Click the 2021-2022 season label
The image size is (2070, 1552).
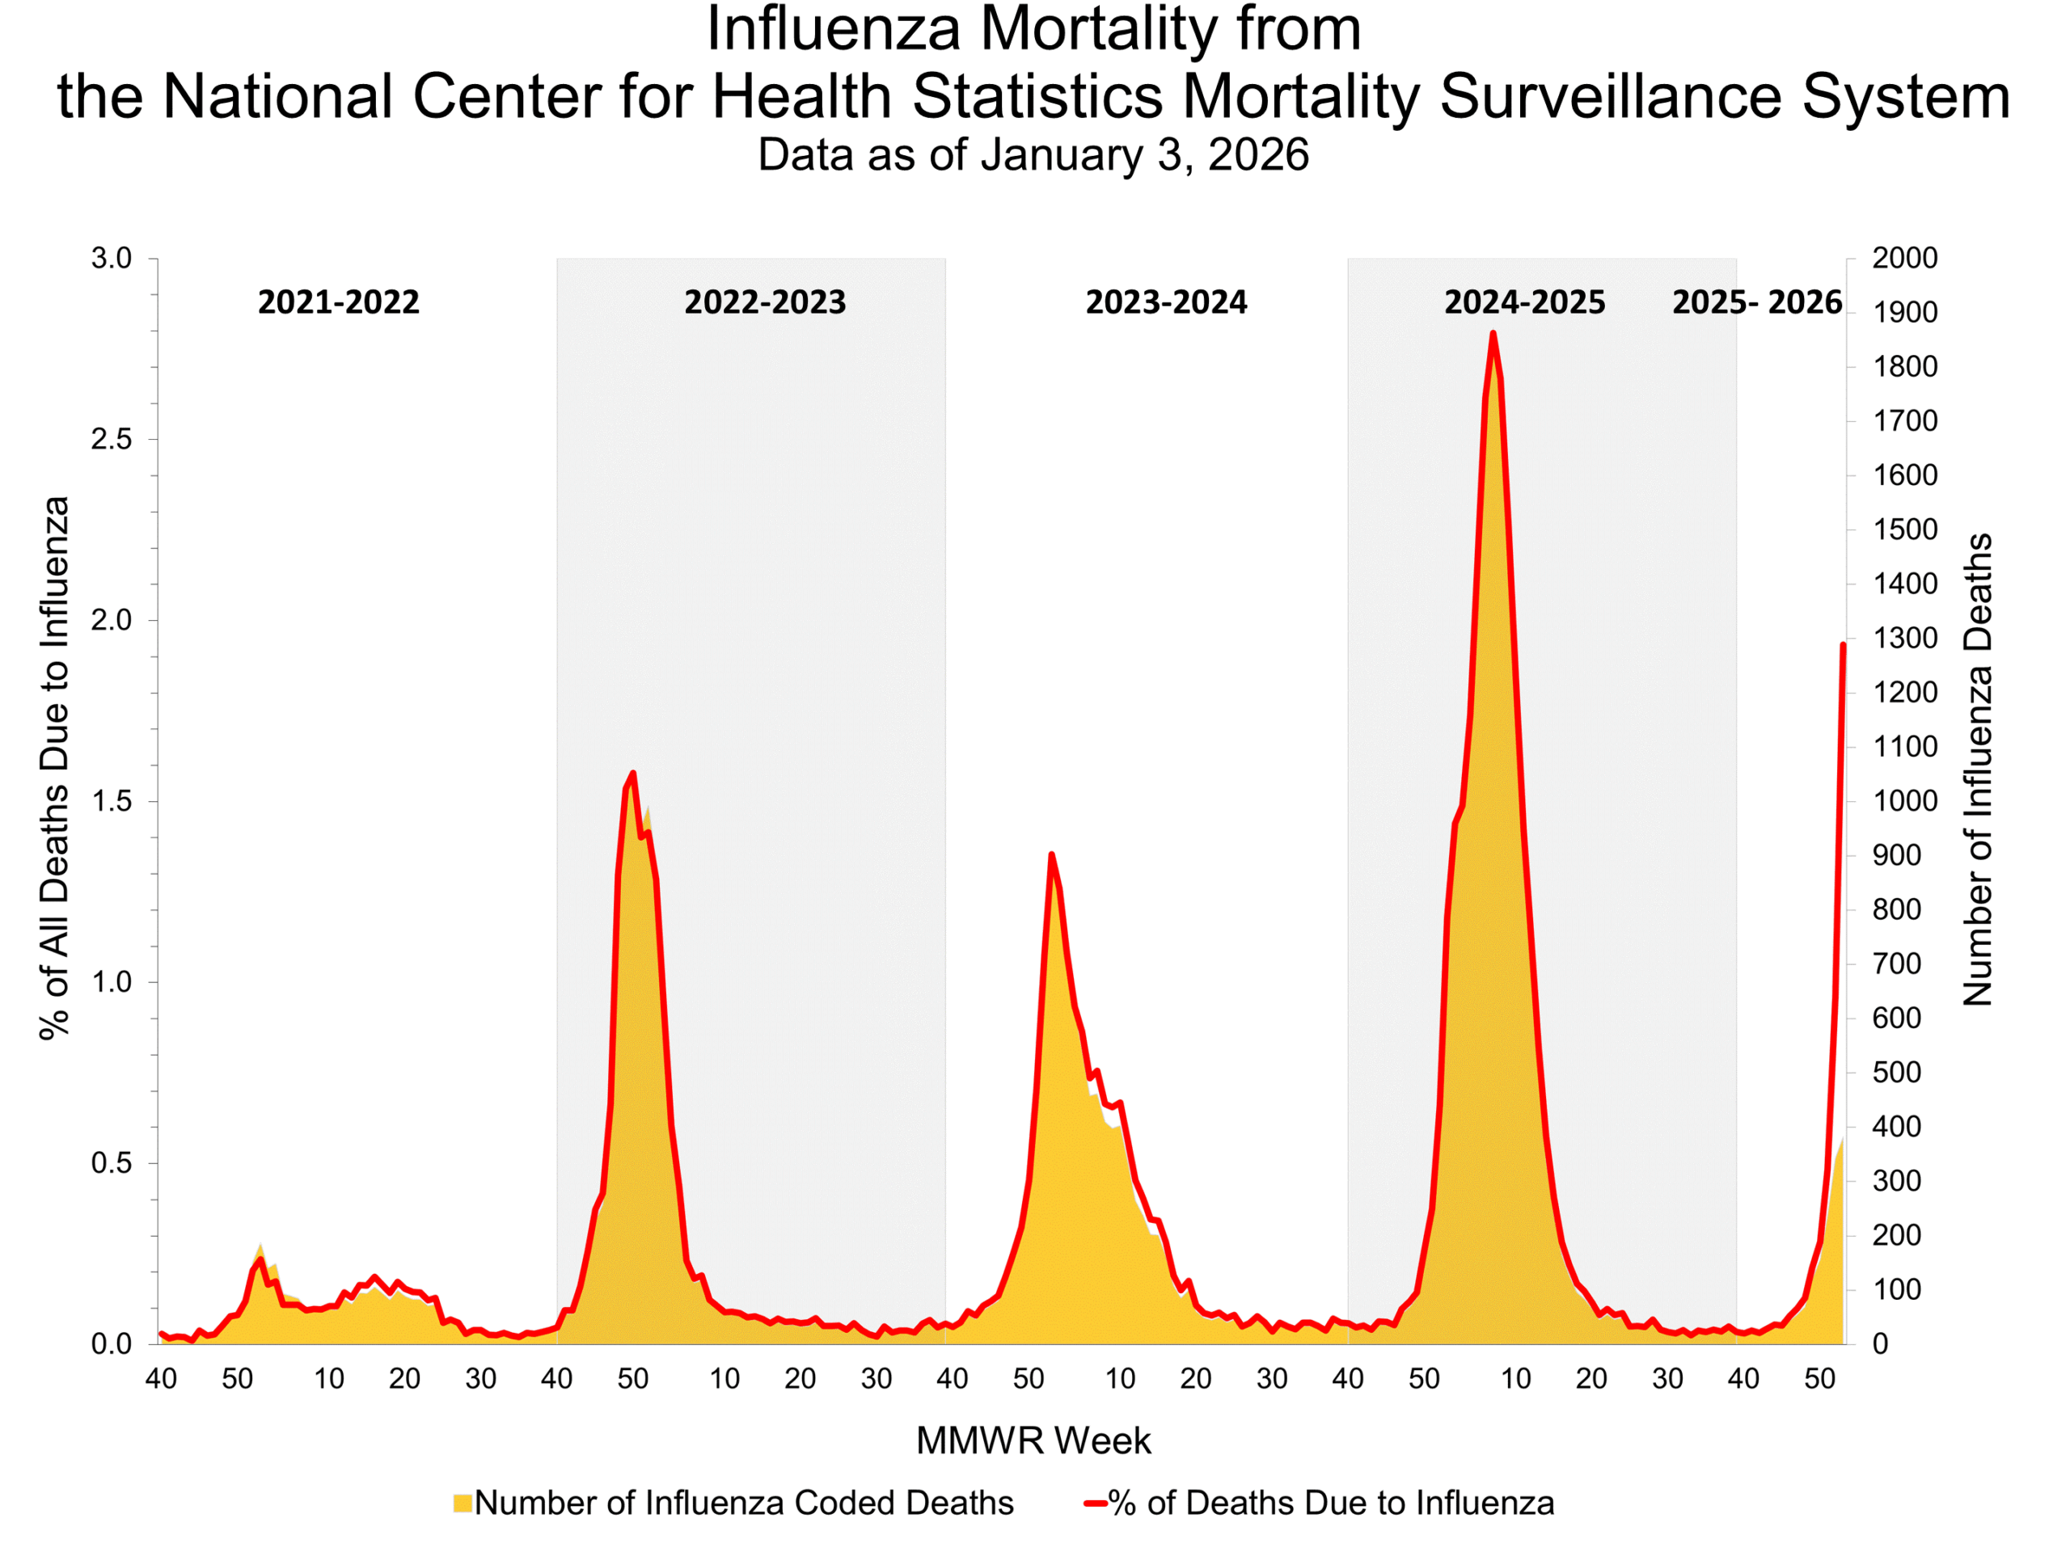click(x=338, y=302)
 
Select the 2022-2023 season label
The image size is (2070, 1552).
click(x=765, y=302)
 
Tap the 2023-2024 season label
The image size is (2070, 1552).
click(x=1166, y=302)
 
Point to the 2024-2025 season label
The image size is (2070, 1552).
click(x=1523, y=302)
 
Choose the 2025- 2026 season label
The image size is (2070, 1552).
click(x=1756, y=302)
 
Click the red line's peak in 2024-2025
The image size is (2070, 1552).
click(x=1493, y=333)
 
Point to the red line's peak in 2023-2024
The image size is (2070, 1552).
click(x=1052, y=854)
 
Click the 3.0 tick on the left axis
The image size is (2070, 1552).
click(x=112, y=258)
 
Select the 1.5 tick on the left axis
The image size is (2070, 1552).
click(x=112, y=802)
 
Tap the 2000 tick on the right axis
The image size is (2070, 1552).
click(x=1903, y=258)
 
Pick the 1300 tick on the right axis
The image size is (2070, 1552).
click(x=1903, y=639)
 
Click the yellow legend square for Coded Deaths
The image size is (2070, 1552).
click(x=463, y=1503)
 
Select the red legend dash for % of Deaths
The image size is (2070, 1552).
click(x=1095, y=1503)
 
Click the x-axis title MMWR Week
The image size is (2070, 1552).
click(x=1033, y=1440)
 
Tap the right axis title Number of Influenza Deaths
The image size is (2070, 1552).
click(x=1977, y=769)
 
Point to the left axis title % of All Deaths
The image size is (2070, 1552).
click(x=54, y=767)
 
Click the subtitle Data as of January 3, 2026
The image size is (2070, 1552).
click(x=1033, y=154)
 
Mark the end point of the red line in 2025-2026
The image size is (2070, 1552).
click(x=1843, y=644)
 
